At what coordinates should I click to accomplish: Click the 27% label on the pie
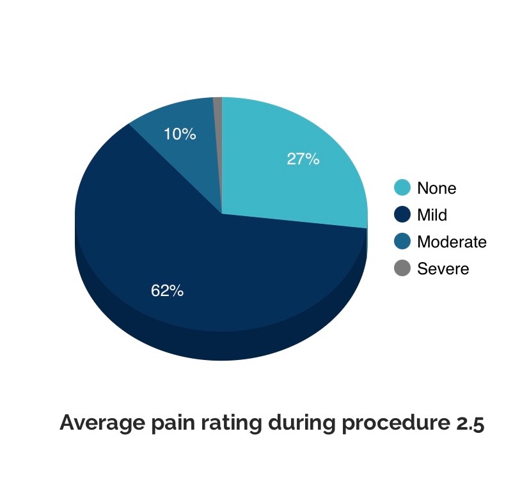point(303,159)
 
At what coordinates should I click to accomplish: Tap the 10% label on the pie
point(180,134)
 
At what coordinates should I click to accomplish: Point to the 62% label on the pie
point(167,290)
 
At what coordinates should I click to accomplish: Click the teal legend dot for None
point(402,187)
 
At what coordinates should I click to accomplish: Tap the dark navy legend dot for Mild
point(402,214)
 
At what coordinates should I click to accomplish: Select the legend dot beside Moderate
point(402,241)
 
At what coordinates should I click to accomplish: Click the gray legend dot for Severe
point(402,268)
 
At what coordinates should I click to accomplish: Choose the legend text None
point(437,189)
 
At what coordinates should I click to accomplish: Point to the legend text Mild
point(432,215)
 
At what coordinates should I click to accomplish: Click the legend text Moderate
point(452,242)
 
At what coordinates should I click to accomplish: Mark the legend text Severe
point(443,269)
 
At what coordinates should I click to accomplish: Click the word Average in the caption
point(102,423)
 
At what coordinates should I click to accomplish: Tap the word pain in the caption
point(173,423)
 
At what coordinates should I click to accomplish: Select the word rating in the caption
point(232,423)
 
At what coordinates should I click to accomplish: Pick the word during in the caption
point(302,423)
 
